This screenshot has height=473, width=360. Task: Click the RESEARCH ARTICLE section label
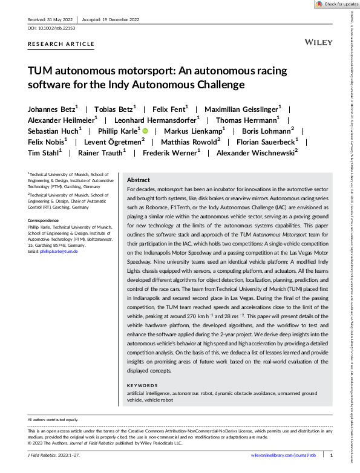tap(61, 44)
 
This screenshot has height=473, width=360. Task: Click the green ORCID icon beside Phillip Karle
tap(145, 130)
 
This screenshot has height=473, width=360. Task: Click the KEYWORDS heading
tap(143, 385)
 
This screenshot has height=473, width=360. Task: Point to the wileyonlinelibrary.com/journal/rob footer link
tap(283, 454)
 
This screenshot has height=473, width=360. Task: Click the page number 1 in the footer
tap(331, 454)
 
